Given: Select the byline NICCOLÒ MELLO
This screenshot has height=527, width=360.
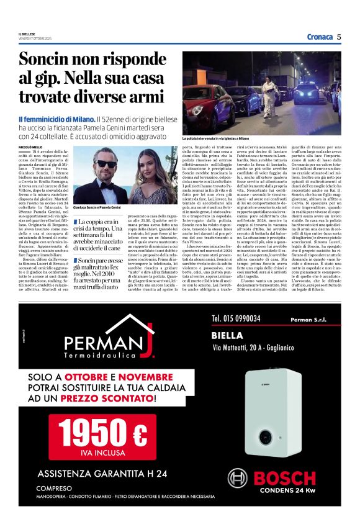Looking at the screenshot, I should tap(31, 147).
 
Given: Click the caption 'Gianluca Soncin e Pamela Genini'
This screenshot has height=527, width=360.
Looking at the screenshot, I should tap(97, 207).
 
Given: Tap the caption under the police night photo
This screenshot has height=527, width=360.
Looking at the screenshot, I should tap(233, 138).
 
